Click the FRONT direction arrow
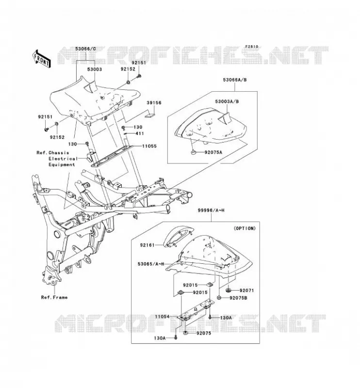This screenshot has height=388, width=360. [x=41, y=59]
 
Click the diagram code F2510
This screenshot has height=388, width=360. [x=252, y=47]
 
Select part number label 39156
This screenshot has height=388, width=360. [x=154, y=103]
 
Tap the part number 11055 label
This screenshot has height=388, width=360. [x=149, y=146]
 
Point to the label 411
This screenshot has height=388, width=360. [x=139, y=134]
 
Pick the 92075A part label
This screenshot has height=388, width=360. [x=213, y=152]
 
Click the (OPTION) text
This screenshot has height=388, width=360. [x=245, y=228]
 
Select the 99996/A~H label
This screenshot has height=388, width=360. [x=211, y=210]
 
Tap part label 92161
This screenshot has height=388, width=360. [x=147, y=245]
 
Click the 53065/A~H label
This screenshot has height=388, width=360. [x=151, y=264]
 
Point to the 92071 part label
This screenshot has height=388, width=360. [x=246, y=291]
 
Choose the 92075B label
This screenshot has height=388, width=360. [x=238, y=298]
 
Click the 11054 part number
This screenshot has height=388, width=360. [x=163, y=317]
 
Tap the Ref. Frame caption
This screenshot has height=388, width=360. [x=54, y=297]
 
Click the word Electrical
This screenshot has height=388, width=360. [x=63, y=159]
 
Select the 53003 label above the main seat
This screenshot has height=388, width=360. [x=94, y=69]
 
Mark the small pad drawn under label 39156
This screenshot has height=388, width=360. [x=150, y=114]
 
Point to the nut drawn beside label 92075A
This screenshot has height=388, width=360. [x=194, y=152]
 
